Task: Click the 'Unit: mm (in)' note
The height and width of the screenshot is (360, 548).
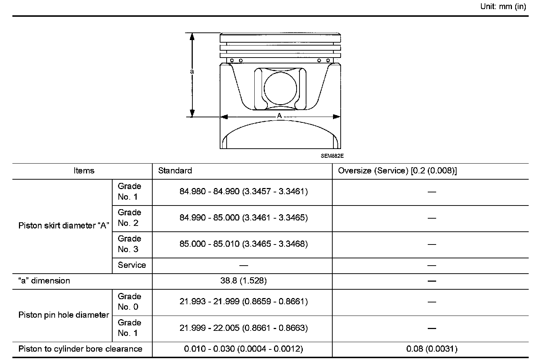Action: (503, 7)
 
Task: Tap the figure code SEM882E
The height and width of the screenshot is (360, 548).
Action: (332, 156)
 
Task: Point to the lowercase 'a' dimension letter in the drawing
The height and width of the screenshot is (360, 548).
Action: (192, 71)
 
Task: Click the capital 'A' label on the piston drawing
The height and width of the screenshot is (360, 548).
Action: (279, 116)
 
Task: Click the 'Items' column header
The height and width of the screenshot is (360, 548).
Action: (84, 171)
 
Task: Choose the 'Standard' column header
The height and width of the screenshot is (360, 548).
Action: (175, 171)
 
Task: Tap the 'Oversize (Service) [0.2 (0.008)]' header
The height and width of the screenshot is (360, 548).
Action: (397, 171)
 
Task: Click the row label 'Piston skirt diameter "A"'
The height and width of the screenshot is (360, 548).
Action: (64, 226)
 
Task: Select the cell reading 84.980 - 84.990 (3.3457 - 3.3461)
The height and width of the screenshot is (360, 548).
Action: (243, 191)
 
